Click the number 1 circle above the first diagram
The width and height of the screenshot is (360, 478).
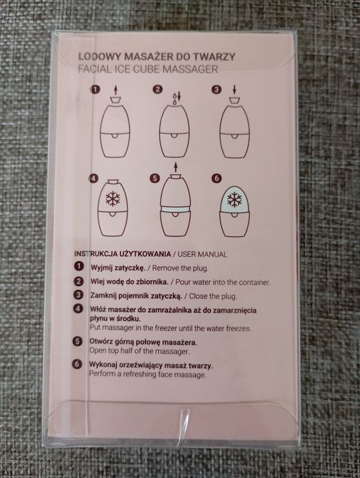click(96, 89)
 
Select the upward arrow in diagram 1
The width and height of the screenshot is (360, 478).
click(115, 90)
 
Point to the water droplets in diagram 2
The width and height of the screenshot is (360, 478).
click(174, 99)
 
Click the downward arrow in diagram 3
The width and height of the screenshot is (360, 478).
click(234, 90)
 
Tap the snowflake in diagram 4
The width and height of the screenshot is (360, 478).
click(113, 199)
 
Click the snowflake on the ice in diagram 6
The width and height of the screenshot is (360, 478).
click(234, 200)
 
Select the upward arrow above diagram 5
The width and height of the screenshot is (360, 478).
click(175, 167)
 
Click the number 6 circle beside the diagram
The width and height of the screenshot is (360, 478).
click(217, 178)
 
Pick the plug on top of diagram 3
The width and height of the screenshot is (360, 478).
click(234, 100)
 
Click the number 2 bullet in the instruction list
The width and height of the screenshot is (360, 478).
click(79, 281)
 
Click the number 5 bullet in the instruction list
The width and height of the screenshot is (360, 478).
click(77, 341)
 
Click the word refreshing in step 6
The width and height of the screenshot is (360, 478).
click(139, 374)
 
